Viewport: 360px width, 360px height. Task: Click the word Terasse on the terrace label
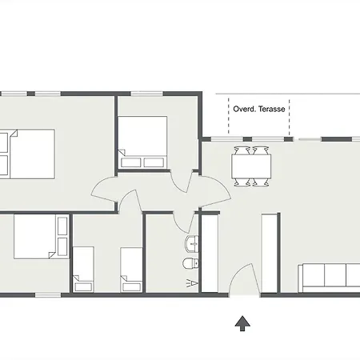point(272,109)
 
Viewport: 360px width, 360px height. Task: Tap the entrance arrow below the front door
point(242,323)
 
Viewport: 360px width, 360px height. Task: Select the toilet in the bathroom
point(190,263)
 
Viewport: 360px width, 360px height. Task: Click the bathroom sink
point(191,244)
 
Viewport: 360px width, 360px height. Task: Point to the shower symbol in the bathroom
point(193,283)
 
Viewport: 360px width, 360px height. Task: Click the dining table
point(251,166)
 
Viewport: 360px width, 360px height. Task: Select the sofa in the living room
point(329,278)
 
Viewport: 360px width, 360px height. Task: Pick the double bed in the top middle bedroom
point(142,142)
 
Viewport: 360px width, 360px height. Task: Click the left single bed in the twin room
point(83,270)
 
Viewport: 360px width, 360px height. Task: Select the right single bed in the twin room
point(131,270)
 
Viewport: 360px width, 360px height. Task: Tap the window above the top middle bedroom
point(146,94)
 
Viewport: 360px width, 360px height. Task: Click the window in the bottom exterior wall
point(48,295)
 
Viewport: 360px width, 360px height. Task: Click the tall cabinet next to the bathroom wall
point(210,253)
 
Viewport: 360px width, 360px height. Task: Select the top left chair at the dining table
point(242,150)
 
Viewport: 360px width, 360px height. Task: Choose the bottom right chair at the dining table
point(261,182)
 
